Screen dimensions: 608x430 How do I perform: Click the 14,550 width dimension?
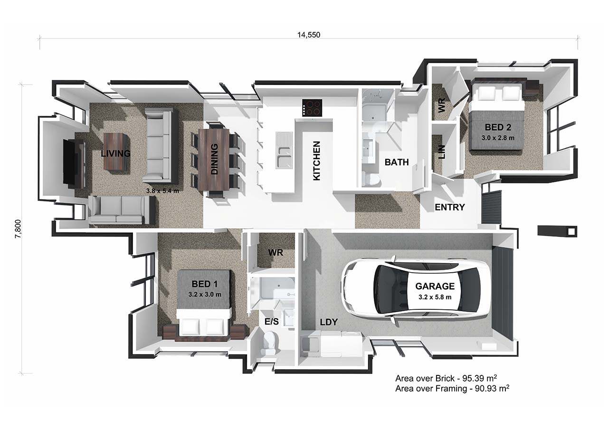(309, 35)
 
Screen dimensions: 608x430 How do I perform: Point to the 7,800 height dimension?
(18, 229)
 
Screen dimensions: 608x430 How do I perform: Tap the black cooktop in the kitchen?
(312, 108)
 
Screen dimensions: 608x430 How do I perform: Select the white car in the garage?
(416, 288)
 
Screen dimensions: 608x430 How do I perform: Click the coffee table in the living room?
(115, 152)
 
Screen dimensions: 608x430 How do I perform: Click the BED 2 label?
(498, 127)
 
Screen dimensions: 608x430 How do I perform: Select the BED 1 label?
(204, 284)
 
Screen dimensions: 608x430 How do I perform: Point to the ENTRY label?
(450, 208)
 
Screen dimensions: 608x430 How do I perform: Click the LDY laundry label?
(329, 322)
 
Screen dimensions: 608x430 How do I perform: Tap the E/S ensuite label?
(271, 322)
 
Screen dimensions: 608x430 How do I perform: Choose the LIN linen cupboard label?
(442, 152)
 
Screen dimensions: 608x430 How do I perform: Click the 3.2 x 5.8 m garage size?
(435, 297)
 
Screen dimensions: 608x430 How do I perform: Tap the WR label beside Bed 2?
(442, 105)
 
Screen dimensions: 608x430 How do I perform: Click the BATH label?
(397, 162)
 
